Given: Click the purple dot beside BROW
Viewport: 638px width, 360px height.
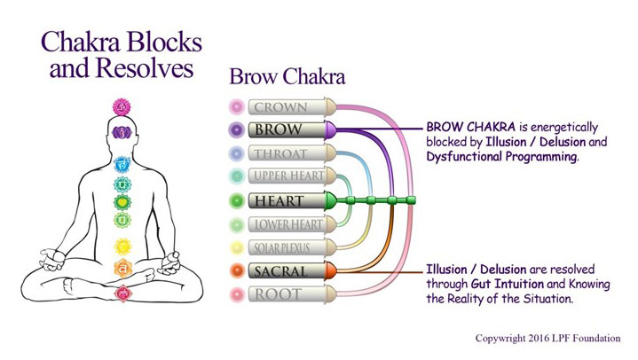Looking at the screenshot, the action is (x=236, y=129).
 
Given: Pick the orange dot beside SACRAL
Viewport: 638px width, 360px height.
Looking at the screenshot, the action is (x=236, y=271).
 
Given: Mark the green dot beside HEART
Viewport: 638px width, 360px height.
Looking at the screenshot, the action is (x=236, y=200).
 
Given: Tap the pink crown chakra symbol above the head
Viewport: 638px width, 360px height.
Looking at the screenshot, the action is (x=122, y=107).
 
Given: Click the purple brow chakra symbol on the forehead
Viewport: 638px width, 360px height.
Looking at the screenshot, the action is (x=122, y=132).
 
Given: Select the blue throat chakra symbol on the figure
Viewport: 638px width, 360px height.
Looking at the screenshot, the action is (x=122, y=165).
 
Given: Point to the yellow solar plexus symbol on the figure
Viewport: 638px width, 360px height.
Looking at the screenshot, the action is (x=122, y=247).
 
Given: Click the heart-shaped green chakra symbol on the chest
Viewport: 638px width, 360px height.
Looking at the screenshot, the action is (x=122, y=202).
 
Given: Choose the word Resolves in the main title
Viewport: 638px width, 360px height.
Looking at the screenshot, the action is (x=146, y=67).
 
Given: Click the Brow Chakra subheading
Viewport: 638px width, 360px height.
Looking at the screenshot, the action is (x=287, y=76).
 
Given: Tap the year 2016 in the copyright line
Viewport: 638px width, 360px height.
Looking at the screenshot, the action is (x=539, y=338).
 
